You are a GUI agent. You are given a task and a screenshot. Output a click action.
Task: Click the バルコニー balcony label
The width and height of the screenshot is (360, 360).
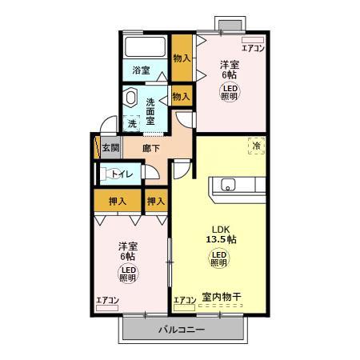click(181, 330)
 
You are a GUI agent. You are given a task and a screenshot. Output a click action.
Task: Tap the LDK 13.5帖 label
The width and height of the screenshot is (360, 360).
click(218, 233)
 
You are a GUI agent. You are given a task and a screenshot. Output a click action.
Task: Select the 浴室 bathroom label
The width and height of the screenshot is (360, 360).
click(142, 70)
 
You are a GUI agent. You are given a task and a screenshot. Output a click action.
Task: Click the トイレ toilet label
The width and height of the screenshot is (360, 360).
click(122, 174)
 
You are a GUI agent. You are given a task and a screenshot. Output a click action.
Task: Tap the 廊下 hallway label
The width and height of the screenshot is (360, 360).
click(151, 148)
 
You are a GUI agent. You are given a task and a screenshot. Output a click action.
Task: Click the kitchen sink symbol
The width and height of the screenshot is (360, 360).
click(227, 186)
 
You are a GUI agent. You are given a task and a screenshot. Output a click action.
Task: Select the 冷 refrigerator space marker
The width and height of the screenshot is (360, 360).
click(257, 146)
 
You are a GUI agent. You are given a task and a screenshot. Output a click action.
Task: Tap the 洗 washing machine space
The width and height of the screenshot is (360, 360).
click(132, 123)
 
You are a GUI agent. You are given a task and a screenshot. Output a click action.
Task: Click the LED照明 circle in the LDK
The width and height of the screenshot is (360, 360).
click(218, 258)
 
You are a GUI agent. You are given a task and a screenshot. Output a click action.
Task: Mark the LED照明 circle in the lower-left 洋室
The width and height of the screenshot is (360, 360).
click(127, 274)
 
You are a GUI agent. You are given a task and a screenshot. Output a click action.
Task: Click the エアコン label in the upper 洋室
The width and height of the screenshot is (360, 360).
click(253, 47)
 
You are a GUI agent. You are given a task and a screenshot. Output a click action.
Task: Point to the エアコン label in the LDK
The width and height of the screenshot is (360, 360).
click(184, 299)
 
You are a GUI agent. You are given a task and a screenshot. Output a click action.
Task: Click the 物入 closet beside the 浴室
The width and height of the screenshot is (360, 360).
click(182, 58)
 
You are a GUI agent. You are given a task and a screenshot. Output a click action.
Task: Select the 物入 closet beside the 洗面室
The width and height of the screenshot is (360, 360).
click(182, 96)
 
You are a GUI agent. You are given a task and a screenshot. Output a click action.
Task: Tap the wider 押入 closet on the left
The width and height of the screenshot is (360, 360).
click(117, 201)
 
